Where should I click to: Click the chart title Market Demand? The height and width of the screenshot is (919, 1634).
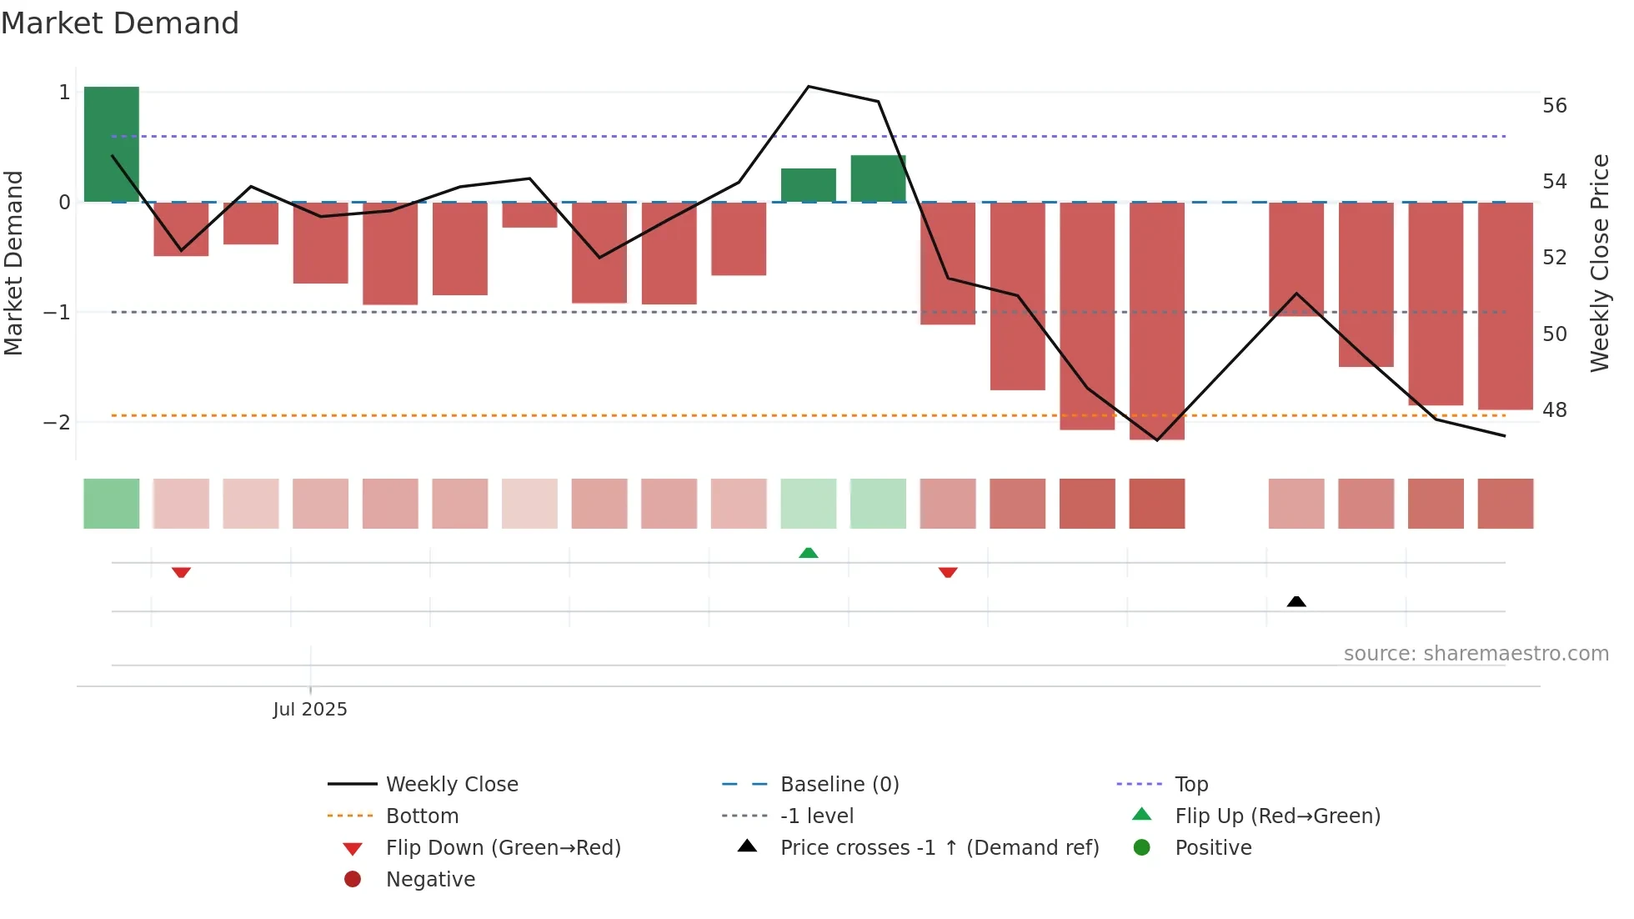(x=120, y=23)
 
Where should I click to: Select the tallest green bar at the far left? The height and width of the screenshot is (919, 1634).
(x=112, y=143)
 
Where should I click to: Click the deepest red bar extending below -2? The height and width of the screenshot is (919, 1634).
(x=1156, y=320)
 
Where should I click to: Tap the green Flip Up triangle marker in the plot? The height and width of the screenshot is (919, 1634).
(x=808, y=552)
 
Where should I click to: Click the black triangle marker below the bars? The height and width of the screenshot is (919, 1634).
(x=1296, y=601)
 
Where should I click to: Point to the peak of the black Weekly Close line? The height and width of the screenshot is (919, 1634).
(x=808, y=87)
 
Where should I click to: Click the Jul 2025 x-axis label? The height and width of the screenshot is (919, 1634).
(x=309, y=709)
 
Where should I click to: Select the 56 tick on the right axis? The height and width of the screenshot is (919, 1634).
(x=1554, y=106)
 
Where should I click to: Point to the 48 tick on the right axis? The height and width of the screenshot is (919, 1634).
(x=1554, y=410)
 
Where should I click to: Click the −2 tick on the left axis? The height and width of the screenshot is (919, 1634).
(x=57, y=422)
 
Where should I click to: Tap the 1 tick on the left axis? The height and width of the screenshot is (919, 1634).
(x=64, y=93)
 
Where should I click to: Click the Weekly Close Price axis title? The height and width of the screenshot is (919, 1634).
(x=1599, y=263)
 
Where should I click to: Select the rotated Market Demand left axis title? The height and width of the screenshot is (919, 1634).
(x=13, y=263)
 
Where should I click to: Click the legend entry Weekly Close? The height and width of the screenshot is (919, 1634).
(x=451, y=784)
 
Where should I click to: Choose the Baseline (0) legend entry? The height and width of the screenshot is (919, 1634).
(x=839, y=784)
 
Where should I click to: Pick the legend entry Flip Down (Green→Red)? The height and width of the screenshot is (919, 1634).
(x=503, y=847)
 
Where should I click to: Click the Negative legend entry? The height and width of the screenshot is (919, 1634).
(x=430, y=879)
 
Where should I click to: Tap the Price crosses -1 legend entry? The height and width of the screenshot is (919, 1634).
(x=939, y=847)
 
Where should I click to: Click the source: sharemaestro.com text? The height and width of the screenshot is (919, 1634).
(x=1476, y=653)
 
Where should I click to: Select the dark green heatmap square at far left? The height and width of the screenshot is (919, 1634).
(x=112, y=504)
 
